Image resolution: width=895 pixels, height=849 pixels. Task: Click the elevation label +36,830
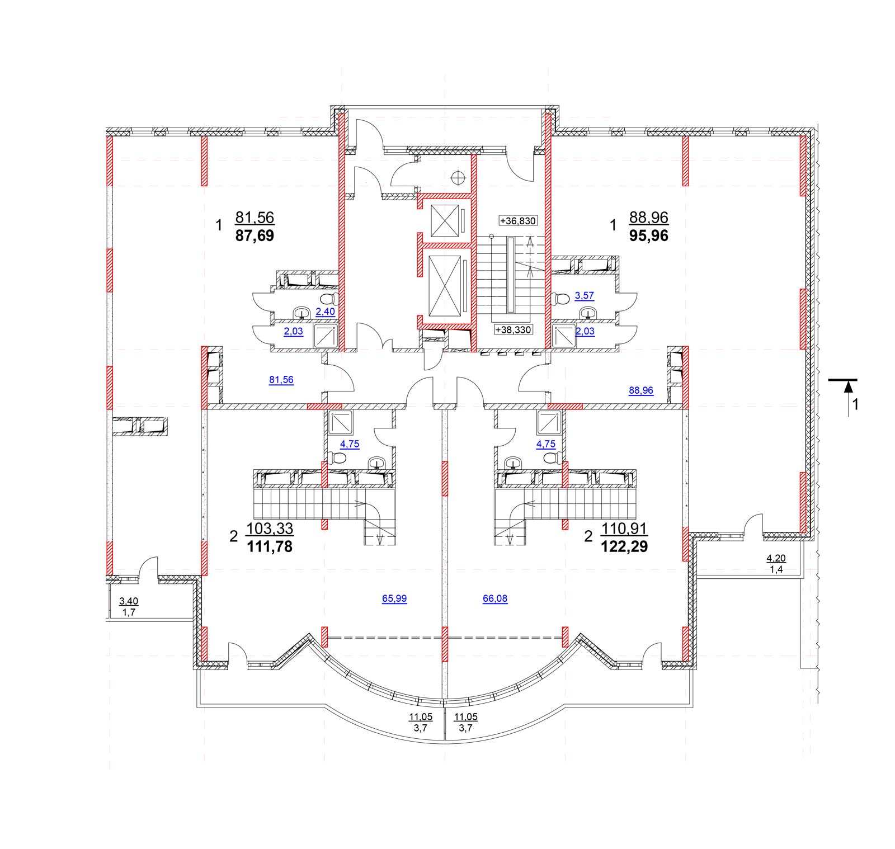pos(519,221)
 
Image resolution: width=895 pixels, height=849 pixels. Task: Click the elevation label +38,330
pos(514,330)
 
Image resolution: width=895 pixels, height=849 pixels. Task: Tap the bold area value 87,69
pos(255,235)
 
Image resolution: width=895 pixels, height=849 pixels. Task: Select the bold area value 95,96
pos(649,235)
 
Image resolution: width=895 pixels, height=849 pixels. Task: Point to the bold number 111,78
pos(270,547)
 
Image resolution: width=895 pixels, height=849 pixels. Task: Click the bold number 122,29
pos(624,547)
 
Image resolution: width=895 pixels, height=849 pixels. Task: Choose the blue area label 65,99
pos(394,598)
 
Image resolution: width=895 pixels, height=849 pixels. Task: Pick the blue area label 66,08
pos(495,598)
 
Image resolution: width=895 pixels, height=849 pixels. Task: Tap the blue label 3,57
pos(585,296)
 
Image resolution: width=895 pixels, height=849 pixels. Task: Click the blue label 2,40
pos(325,312)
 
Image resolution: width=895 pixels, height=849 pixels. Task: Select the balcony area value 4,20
pos(776,558)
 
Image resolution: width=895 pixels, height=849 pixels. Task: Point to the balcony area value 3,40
pos(129,601)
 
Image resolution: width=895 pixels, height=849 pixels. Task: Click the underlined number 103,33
pos(270,529)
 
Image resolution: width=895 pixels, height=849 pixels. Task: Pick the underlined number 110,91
pos(624,529)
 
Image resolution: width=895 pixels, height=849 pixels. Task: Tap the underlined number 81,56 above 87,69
pos(255,217)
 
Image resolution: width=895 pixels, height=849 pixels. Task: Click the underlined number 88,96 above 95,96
pos(649,217)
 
